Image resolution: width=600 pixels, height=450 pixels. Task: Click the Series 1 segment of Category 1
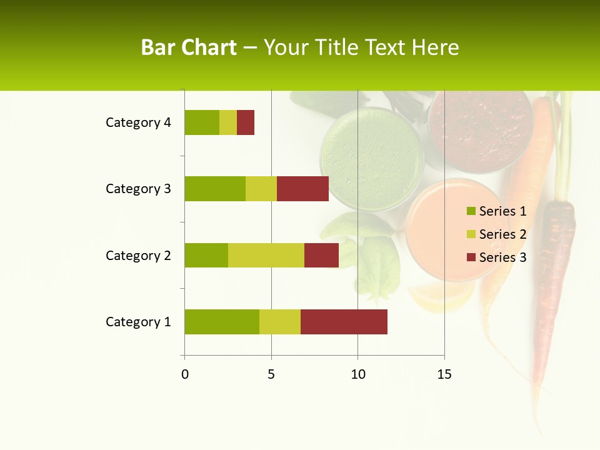click(222, 322)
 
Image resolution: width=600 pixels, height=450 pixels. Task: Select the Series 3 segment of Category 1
click(344, 322)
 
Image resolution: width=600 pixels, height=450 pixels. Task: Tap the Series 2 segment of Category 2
click(266, 255)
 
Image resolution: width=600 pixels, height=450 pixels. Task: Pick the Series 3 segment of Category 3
click(302, 189)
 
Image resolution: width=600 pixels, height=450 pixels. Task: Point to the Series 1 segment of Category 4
click(202, 122)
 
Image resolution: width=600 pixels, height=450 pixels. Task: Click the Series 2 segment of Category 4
click(228, 122)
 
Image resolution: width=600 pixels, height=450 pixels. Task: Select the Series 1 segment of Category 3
click(215, 189)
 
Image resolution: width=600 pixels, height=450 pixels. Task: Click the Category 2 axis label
click(138, 255)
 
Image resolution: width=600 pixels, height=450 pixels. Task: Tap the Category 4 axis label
click(138, 122)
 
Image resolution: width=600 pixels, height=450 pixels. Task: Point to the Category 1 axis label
click(138, 322)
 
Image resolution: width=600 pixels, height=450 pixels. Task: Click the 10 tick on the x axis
click(357, 374)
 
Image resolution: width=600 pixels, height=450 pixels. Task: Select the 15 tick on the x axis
click(444, 374)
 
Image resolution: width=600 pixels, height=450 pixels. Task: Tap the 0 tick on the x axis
click(184, 374)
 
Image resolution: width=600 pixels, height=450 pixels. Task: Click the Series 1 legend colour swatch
click(471, 211)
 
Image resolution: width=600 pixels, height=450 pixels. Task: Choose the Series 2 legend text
click(502, 234)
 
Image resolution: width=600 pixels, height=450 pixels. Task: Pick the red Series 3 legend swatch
click(471, 257)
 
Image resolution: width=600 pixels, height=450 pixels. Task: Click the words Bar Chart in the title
click(189, 47)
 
